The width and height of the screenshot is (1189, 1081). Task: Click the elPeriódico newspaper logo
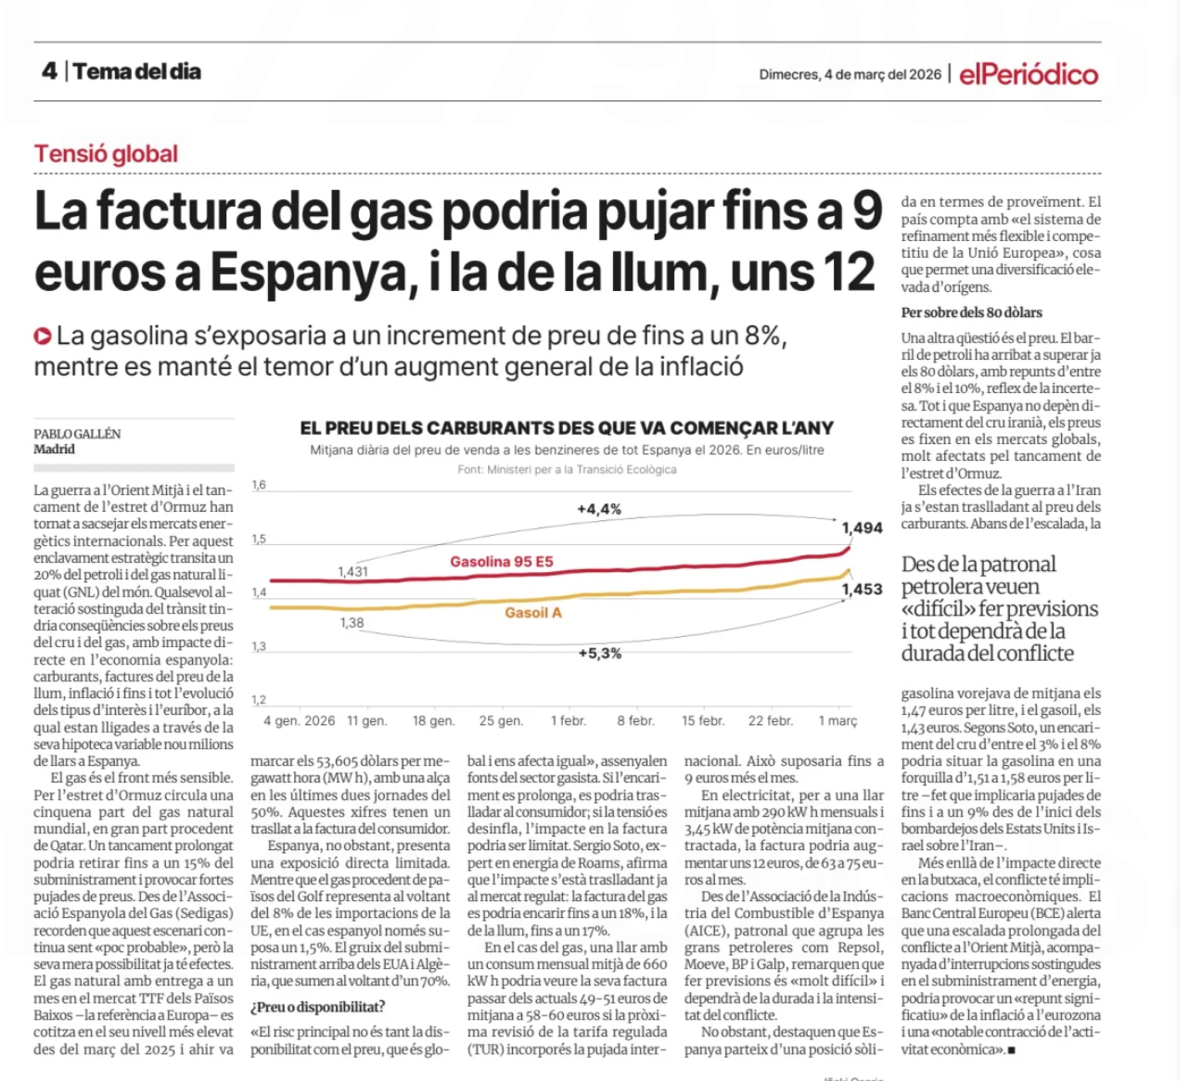point(1029,74)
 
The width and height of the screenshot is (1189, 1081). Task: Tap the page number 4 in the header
point(49,71)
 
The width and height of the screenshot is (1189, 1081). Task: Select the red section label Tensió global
point(106,154)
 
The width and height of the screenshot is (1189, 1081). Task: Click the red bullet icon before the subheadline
point(43,336)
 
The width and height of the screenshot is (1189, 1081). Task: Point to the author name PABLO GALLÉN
point(77,434)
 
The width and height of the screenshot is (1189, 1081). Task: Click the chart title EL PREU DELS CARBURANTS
point(567,428)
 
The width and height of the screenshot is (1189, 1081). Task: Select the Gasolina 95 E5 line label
point(501,562)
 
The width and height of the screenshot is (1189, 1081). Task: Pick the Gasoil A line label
point(533,613)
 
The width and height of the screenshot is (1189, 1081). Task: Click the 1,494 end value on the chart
point(862,528)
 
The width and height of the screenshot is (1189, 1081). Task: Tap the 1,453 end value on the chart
point(862,590)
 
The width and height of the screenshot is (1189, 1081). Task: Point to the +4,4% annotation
point(599,509)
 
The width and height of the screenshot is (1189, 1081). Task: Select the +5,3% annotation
point(599,654)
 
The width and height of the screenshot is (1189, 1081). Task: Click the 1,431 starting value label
point(352,572)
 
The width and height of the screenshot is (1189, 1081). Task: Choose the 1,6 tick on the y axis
point(259,485)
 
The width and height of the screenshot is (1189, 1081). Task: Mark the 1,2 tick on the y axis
point(259,700)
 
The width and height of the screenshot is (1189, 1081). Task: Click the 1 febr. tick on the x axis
point(568,721)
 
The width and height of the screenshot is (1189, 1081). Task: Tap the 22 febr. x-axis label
point(770,721)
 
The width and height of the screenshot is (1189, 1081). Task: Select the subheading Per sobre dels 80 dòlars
point(972,312)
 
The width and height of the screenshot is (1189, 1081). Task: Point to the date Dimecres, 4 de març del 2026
point(850,75)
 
